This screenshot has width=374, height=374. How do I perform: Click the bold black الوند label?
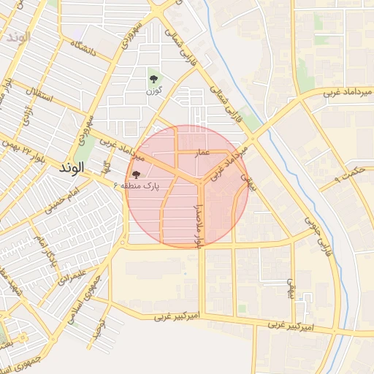pos(69,167)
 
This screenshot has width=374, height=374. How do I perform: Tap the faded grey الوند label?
pos(16,36)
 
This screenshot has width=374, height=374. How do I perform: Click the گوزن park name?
pos(153,91)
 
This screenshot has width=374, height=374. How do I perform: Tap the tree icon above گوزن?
pos(153,77)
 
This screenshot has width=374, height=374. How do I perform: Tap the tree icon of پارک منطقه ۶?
pos(136,175)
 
